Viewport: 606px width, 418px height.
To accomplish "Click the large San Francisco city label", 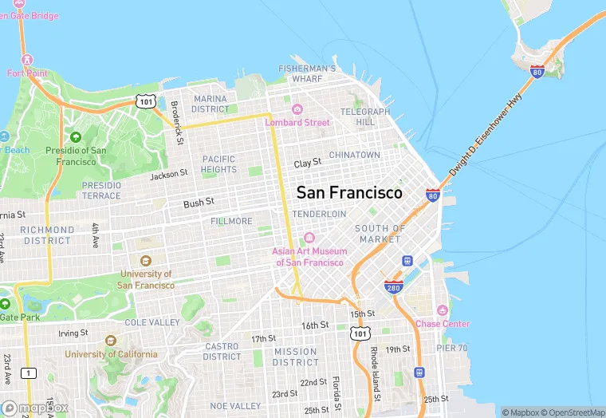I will (349, 192).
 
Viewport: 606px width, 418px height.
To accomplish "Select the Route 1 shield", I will (30, 373).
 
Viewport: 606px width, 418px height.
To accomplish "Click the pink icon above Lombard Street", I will (297, 109).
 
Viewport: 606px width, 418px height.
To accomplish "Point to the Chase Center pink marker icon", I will (443, 310).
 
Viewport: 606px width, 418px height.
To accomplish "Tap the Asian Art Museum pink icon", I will (309, 238).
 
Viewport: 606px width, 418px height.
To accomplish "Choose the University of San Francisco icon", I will (146, 261).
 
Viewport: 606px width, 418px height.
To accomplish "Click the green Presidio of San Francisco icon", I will (76, 137).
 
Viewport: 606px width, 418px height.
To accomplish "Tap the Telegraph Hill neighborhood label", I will (365, 117).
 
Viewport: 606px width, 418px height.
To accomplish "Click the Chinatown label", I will (355, 155).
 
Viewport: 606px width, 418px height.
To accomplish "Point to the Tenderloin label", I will (319, 215).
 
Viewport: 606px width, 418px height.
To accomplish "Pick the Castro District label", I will (222, 352).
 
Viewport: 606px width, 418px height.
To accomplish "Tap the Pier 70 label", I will (452, 348).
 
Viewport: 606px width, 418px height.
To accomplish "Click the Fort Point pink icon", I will (28, 61).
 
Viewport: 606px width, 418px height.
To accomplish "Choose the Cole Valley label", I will (152, 322).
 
